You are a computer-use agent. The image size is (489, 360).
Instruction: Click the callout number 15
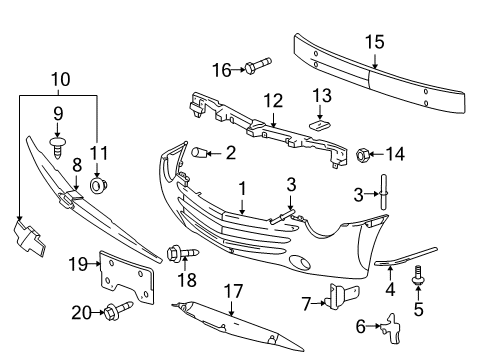(x=374, y=41)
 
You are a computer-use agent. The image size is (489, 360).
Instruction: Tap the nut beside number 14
(x=363, y=154)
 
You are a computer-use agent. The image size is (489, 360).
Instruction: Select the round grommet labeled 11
(x=97, y=186)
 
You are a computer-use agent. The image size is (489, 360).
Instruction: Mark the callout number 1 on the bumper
(x=241, y=187)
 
